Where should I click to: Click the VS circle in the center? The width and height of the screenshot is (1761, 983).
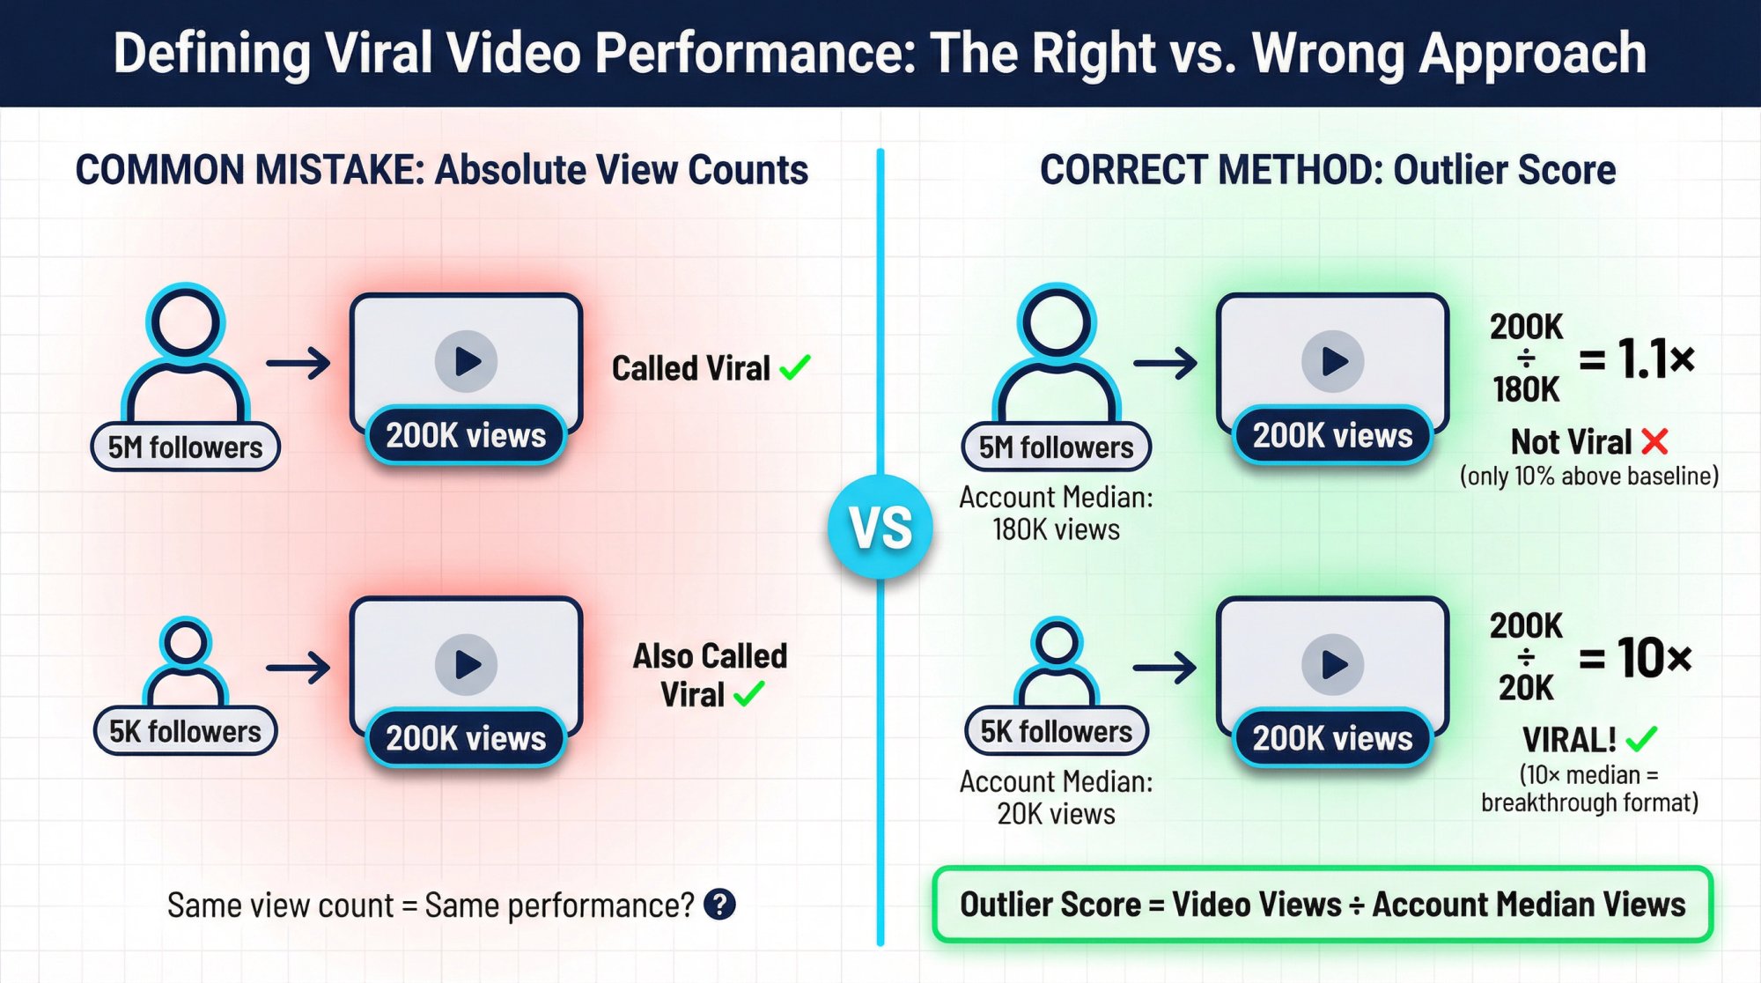(880, 527)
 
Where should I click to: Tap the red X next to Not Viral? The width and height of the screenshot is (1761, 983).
(1654, 441)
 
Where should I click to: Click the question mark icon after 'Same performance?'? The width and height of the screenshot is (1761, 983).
(719, 905)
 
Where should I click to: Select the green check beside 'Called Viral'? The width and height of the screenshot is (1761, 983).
(795, 367)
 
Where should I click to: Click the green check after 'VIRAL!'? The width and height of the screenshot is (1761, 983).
(1641, 738)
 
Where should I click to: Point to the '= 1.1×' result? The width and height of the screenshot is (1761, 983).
(1636, 358)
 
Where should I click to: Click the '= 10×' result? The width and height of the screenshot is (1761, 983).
(1635, 657)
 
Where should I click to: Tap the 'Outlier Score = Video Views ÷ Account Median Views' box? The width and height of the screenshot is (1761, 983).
(1322, 905)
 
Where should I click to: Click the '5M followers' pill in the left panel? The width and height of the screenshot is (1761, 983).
(185, 447)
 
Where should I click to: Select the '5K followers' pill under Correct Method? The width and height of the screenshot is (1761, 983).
(1056, 731)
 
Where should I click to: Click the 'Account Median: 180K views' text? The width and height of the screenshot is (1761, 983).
(1056, 514)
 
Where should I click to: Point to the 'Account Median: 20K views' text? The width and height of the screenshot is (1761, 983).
(1056, 797)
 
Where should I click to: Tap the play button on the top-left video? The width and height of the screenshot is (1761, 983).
(466, 361)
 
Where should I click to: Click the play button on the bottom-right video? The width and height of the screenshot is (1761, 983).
(1333, 664)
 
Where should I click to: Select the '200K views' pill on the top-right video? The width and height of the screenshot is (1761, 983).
(1332, 435)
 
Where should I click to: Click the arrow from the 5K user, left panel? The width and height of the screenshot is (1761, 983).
(298, 668)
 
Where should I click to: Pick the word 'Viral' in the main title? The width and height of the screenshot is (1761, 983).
(379, 53)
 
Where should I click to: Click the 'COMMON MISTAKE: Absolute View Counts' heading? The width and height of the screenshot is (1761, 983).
(441, 170)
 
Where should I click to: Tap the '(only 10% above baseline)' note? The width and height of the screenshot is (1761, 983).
(1588, 477)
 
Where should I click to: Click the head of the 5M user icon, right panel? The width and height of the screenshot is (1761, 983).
(1056, 320)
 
